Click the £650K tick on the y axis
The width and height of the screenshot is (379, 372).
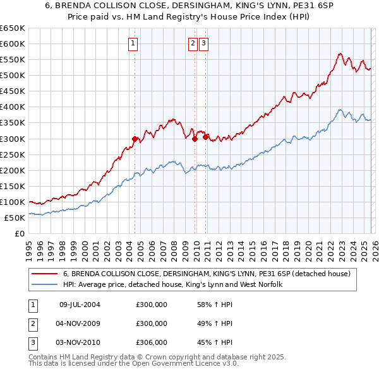13,28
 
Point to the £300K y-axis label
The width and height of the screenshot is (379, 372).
13,139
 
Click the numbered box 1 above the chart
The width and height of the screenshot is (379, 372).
134,44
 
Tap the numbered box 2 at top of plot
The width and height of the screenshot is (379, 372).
192,44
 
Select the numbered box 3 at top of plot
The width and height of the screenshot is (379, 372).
204,44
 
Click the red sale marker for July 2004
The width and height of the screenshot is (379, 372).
135,139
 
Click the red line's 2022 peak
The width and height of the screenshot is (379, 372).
340,54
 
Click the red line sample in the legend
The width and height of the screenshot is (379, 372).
44,274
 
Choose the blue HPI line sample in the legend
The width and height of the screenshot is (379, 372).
44,284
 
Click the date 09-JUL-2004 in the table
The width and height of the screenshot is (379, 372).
80,305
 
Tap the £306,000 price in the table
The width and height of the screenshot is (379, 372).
152,342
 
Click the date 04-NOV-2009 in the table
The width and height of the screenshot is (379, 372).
80,323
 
